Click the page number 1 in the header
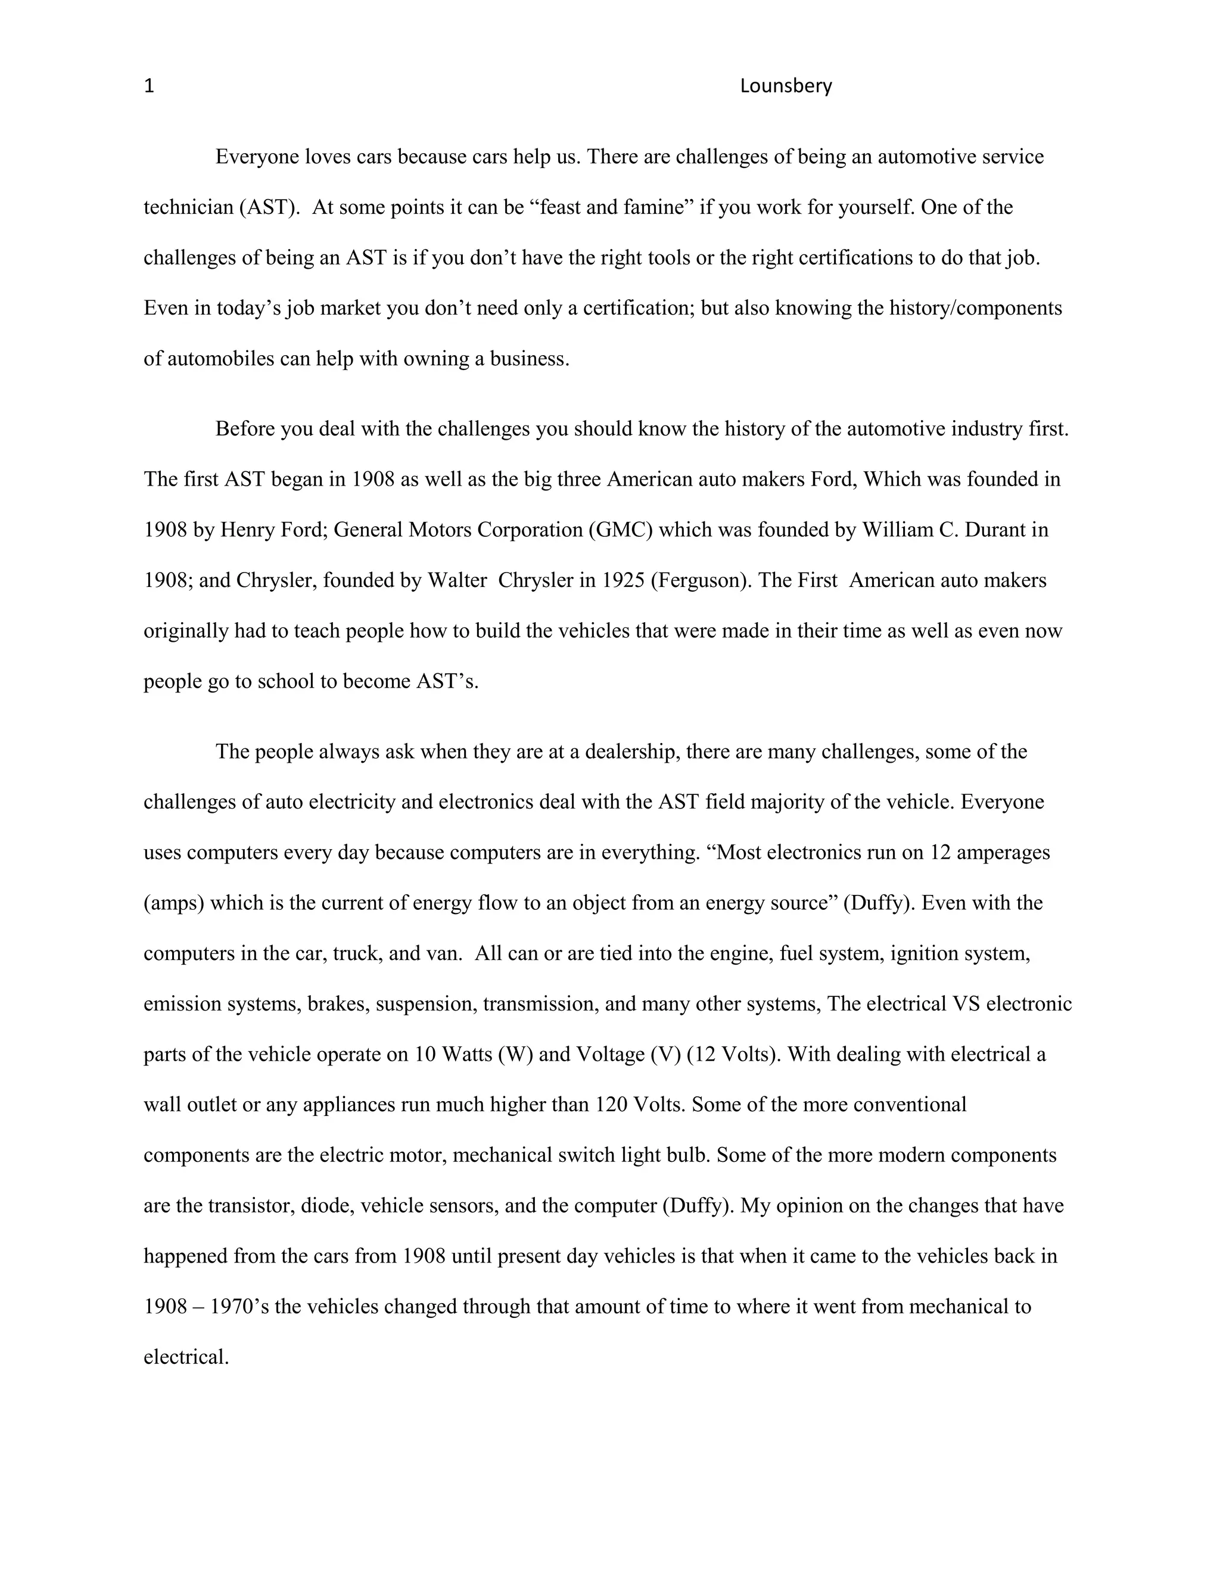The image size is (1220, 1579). tap(149, 87)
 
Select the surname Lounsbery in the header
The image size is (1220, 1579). tap(786, 87)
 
